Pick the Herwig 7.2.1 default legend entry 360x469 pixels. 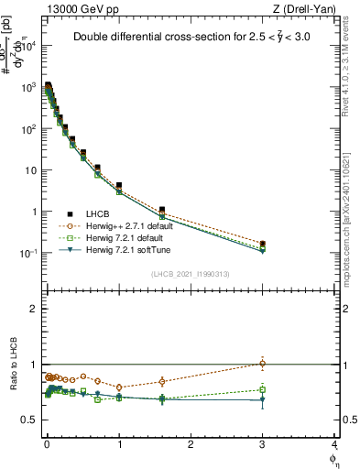125,237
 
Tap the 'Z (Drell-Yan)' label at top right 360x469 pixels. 307,9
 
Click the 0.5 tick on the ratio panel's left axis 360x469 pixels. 28,420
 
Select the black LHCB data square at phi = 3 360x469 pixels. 263,244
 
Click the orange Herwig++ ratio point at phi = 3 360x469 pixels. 263,364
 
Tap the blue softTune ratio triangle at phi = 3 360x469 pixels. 263,399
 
